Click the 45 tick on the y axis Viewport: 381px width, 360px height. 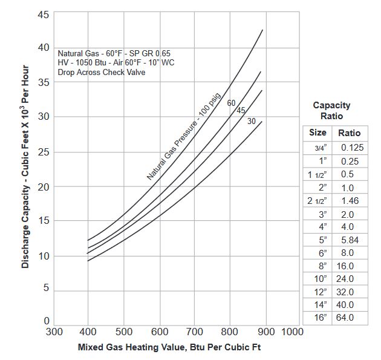pos(43,14)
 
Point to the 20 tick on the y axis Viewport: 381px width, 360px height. pos(43,187)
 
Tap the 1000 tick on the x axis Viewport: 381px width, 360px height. pos(292,332)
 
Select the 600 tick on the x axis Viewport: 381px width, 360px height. pos(160,332)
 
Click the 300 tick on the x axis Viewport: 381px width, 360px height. pos(54,332)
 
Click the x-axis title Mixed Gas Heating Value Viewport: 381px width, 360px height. pos(170,348)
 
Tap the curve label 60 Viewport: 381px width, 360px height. pos(231,103)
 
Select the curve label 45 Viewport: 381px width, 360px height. pos(241,110)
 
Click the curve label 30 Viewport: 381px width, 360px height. pos(252,121)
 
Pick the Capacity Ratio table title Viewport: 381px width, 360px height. pos(331,110)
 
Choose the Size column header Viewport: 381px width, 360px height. pos(317,133)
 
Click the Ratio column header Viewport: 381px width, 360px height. pos(349,133)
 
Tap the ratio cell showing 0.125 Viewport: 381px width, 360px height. pos(351,148)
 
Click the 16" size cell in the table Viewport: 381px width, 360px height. pos(319,317)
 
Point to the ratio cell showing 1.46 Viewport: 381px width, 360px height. pos(350,200)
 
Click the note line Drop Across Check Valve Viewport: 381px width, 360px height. pos(102,73)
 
